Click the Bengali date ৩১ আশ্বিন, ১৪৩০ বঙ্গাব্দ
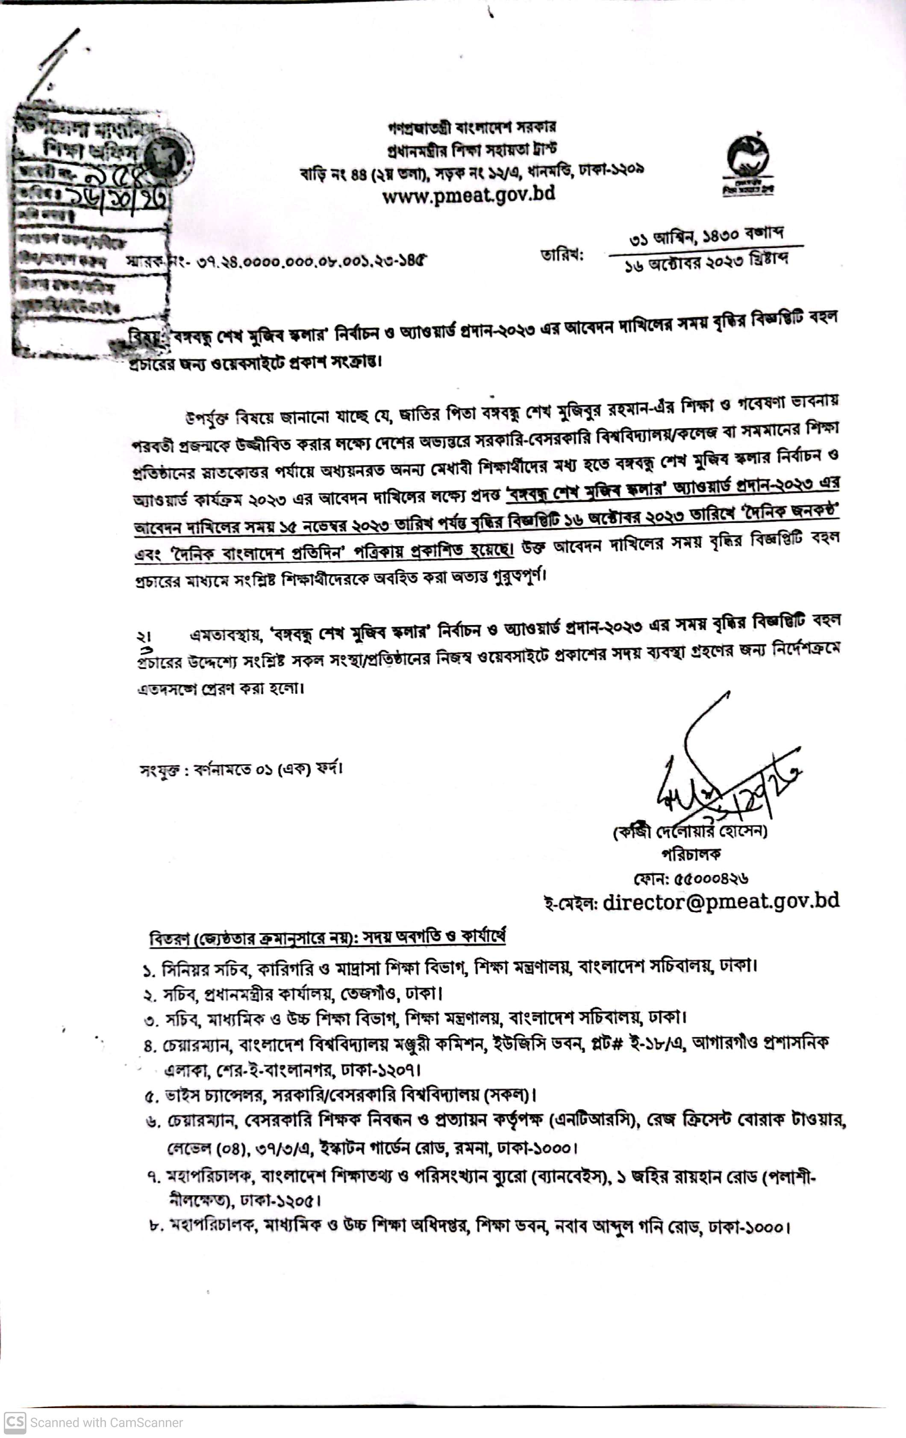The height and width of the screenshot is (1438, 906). [x=706, y=237]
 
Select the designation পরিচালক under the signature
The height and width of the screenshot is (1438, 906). [x=691, y=854]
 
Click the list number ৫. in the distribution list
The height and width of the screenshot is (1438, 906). [x=151, y=1096]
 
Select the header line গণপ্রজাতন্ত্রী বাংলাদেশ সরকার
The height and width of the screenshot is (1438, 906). [x=472, y=127]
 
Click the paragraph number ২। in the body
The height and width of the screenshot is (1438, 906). [x=143, y=637]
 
